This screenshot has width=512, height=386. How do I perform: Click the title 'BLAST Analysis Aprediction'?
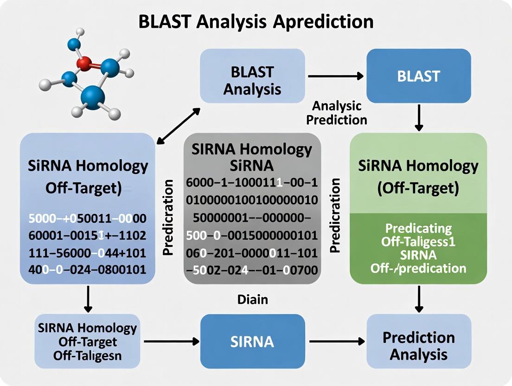tap(256, 22)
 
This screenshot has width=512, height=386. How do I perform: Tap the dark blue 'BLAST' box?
tap(418, 76)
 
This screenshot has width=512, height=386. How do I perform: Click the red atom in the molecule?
tap(84, 64)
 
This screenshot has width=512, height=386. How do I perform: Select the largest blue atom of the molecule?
tap(93, 97)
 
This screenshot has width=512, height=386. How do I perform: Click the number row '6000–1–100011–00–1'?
tap(251, 183)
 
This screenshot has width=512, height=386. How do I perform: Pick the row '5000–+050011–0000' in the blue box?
tap(87, 218)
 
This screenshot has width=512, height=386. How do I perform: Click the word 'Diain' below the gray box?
tap(252, 299)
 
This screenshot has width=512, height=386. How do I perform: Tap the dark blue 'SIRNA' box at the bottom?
tap(252, 341)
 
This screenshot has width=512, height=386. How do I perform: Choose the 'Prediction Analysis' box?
tap(418, 346)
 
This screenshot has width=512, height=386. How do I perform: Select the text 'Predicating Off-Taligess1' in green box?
tap(418, 235)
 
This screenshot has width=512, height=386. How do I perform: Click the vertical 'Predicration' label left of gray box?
tap(168, 217)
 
